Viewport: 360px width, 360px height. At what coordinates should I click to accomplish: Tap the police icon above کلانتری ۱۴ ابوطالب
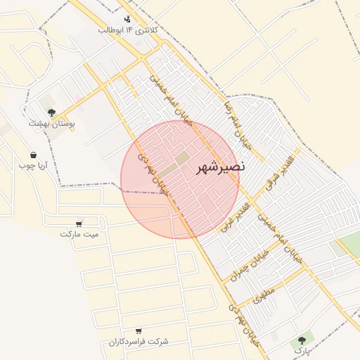127,19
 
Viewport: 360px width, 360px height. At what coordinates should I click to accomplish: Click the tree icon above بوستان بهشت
51,111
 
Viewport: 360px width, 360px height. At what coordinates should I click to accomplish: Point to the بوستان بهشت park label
52,123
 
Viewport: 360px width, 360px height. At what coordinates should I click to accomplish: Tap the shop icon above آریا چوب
33,155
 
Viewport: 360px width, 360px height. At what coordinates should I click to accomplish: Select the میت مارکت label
79,234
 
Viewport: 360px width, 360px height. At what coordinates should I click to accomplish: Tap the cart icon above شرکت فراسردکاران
139,330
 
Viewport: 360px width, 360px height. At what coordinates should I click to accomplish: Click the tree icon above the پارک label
302,338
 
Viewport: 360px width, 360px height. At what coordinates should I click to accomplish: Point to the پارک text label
301,349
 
